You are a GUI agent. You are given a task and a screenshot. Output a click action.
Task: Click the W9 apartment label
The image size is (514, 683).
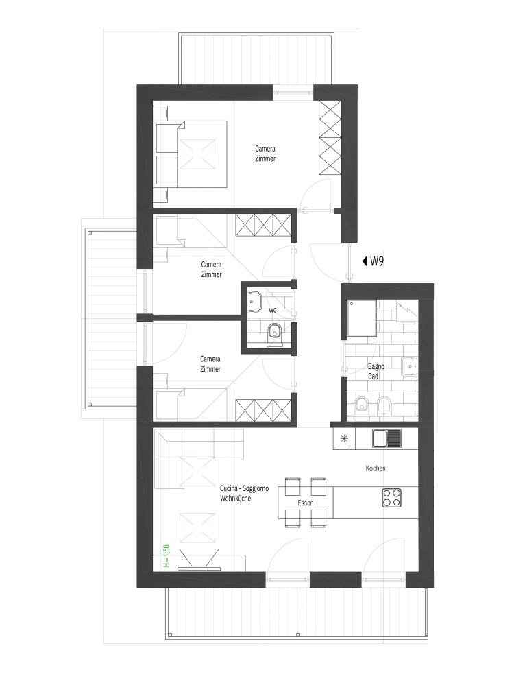pyautogui.click(x=377, y=261)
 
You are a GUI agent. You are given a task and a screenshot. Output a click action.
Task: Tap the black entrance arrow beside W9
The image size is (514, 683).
pyautogui.click(x=365, y=261)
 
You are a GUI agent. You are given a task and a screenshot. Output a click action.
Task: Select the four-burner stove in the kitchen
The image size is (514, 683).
pyautogui.click(x=392, y=498)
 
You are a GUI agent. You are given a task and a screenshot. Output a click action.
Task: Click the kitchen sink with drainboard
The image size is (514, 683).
pyautogui.click(x=387, y=438)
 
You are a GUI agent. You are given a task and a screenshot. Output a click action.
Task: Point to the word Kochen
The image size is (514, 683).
pyautogui.click(x=375, y=468)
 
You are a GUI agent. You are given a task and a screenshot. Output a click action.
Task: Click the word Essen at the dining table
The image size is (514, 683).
pyautogui.click(x=306, y=503)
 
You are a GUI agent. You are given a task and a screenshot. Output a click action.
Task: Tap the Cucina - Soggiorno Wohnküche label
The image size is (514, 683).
pyautogui.click(x=244, y=494)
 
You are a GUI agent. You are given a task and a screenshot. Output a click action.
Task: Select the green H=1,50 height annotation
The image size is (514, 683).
pyautogui.click(x=167, y=556)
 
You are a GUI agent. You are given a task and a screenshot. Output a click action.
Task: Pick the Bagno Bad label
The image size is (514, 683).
pyautogui.click(x=376, y=371)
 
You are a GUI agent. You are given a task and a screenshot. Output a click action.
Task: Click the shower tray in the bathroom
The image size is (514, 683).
pyautogui.click(x=361, y=318)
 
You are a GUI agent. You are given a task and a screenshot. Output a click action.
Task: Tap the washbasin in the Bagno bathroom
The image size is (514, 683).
pyautogui.click(x=409, y=366)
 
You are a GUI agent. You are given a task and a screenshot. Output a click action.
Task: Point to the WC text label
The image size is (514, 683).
pyautogui.click(x=273, y=310)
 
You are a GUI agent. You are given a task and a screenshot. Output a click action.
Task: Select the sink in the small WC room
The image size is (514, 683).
pyautogui.click(x=254, y=302)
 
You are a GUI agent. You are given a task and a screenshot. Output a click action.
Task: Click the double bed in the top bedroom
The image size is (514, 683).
pyautogui.click(x=191, y=154)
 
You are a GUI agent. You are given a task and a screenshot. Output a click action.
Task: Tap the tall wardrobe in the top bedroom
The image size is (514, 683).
pyautogui.click(x=329, y=138)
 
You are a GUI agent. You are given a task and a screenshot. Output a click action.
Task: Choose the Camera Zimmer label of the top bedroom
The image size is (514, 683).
pyautogui.click(x=265, y=154)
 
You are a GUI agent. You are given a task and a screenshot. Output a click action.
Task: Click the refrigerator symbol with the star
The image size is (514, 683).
pyautogui.click(x=344, y=439)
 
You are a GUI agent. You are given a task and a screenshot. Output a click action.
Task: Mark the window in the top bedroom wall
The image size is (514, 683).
pyautogui.click(x=293, y=92)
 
